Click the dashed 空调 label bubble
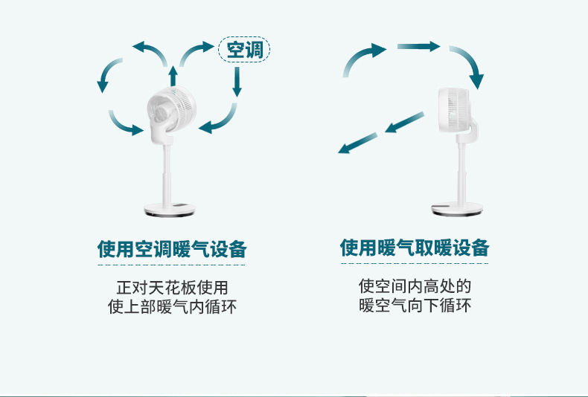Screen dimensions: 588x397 (x=244, y=50)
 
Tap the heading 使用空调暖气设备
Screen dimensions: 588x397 (x=172, y=248)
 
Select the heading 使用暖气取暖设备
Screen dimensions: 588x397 (x=415, y=248)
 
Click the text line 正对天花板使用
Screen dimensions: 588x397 (x=172, y=287)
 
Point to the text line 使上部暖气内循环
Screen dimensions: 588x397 (x=172, y=306)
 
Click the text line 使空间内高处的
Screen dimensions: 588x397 (x=415, y=286)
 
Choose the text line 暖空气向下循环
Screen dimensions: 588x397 (x=415, y=306)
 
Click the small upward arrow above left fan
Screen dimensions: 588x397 (x=173, y=76)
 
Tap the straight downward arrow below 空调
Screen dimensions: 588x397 (x=237, y=83)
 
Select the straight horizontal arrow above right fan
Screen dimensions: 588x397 (x=418, y=47)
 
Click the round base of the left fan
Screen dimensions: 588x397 (x=172, y=210)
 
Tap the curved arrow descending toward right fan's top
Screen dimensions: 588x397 (x=468, y=65)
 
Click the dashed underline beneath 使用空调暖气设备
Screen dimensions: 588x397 (x=172, y=264)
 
